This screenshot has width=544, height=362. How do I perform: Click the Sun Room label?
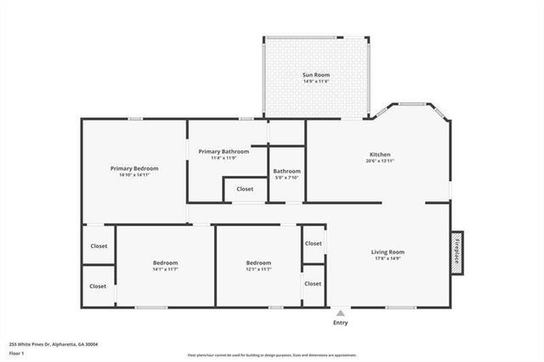pos(316,75)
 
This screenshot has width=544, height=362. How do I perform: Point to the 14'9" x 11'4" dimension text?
pos(316,82)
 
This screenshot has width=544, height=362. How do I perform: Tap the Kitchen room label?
pos(380,154)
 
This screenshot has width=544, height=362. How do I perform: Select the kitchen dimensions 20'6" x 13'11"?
pos(380,161)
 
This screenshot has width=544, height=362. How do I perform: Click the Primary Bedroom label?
pos(134,168)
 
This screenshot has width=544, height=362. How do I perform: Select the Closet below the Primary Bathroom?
pos(245,189)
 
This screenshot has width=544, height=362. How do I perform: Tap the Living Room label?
pos(388,252)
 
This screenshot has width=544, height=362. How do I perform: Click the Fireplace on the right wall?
pos(456,252)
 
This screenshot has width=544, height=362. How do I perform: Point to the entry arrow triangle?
pos(341,313)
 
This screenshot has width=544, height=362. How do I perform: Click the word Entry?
pos(341,323)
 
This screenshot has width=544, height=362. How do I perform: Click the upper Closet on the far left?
pos(99,246)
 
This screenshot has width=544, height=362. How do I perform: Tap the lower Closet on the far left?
pos(99,286)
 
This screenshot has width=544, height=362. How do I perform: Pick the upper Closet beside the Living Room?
pos(314,243)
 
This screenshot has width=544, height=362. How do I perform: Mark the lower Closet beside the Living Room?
pos(314,283)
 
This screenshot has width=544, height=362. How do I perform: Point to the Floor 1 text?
pos(17,352)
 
